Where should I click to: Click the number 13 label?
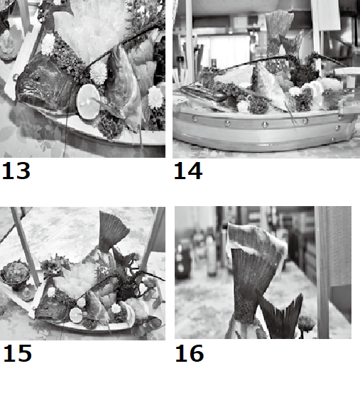[16, 171]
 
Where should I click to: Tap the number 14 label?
[188, 171]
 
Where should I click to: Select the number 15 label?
[17, 353]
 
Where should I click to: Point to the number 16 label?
[190, 353]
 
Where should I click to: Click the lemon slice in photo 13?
[89, 102]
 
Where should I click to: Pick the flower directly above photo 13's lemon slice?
[99, 72]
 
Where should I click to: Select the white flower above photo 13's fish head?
[48, 44]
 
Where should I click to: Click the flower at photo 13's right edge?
[156, 97]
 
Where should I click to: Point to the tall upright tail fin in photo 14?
[278, 33]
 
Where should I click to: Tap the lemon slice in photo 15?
[76, 315]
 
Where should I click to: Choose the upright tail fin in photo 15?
[112, 232]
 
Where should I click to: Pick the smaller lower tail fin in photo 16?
[281, 317]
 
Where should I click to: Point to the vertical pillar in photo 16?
[322, 272]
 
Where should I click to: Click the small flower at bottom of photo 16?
[306, 323]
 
